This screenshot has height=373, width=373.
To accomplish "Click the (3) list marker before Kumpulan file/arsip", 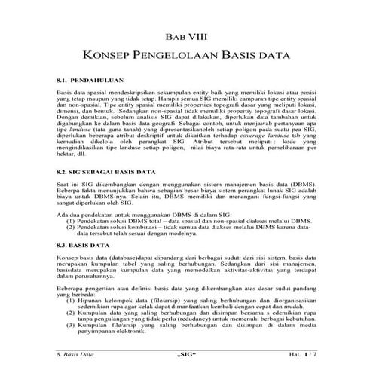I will point(71,332).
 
